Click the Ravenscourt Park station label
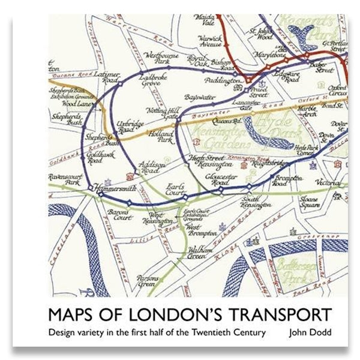tap(67, 179)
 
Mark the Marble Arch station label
tap(310, 110)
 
